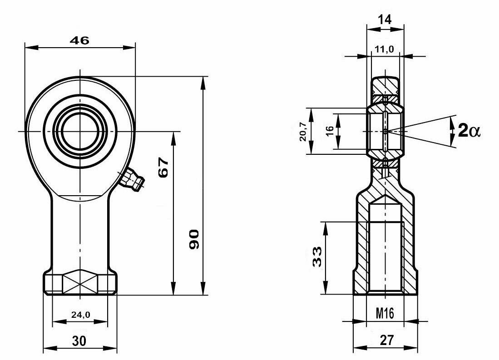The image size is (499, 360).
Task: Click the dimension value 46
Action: click(79, 40)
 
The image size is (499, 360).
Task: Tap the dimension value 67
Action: click(163, 167)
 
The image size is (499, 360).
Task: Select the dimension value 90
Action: click(194, 239)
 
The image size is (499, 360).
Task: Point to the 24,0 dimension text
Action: click(80, 315)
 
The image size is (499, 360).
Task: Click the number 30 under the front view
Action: click(79, 341)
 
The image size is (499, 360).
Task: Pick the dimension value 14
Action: click(385, 20)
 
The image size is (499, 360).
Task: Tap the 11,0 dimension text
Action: click(384, 49)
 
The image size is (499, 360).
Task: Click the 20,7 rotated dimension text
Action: click(303, 131)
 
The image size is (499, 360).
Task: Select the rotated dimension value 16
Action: click(330, 130)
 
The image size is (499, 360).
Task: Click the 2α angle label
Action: click(469, 130)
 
